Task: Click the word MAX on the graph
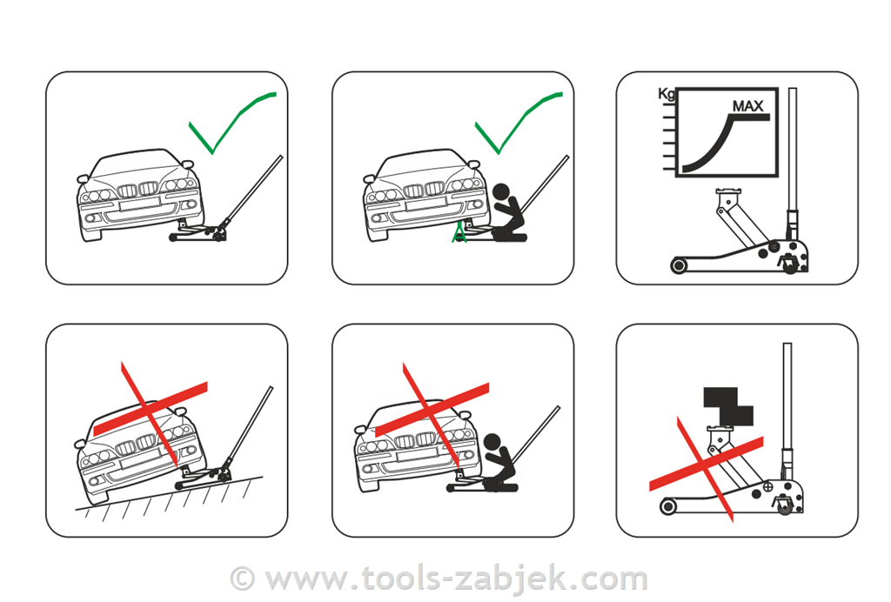click(747, 106)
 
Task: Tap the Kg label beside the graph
click(666, 94)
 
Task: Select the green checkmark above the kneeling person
click(519, 122)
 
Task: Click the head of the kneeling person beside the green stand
click(502, 191)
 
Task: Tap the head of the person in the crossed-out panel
click(492, 442)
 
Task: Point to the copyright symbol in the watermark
click(243, 579)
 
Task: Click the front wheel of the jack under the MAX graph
click(679, 265)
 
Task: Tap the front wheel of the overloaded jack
click(668, 506)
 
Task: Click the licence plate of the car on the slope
click(138, 458)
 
